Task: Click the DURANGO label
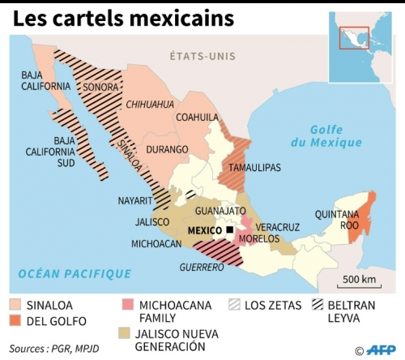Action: coord(168,149)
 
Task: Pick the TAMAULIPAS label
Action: coord(254,167)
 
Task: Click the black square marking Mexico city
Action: coord(230,230)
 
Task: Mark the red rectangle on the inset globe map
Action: coord(359,37)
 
